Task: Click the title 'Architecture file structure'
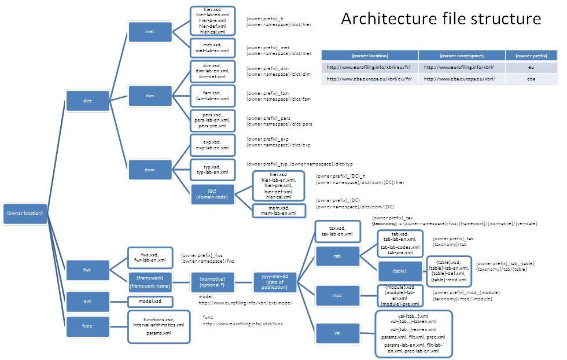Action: (x=440, y=19)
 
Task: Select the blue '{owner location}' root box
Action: (x=24, y=213)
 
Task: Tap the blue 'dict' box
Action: (x=87, y=101)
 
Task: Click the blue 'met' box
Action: (x=149, y=32)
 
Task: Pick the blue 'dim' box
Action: (x=149, y=95)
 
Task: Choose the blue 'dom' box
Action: (x=149, y=170)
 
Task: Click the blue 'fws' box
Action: (x=87, y=269)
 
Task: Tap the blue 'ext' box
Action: (x=87, y=301)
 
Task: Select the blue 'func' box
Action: (x=87, y=326)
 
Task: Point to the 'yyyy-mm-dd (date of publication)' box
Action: (x=275, y=282)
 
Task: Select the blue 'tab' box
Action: (x=337, y=255)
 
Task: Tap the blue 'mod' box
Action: (x=337, y=295)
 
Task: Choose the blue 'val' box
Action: (x=337, y=333)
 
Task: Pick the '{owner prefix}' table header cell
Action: (x=531, y=56)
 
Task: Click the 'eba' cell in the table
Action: (x=531, y=79)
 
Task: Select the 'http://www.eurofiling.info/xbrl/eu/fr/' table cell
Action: (x=369, y=67)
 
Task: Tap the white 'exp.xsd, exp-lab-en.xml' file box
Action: (x=213, y=145)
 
